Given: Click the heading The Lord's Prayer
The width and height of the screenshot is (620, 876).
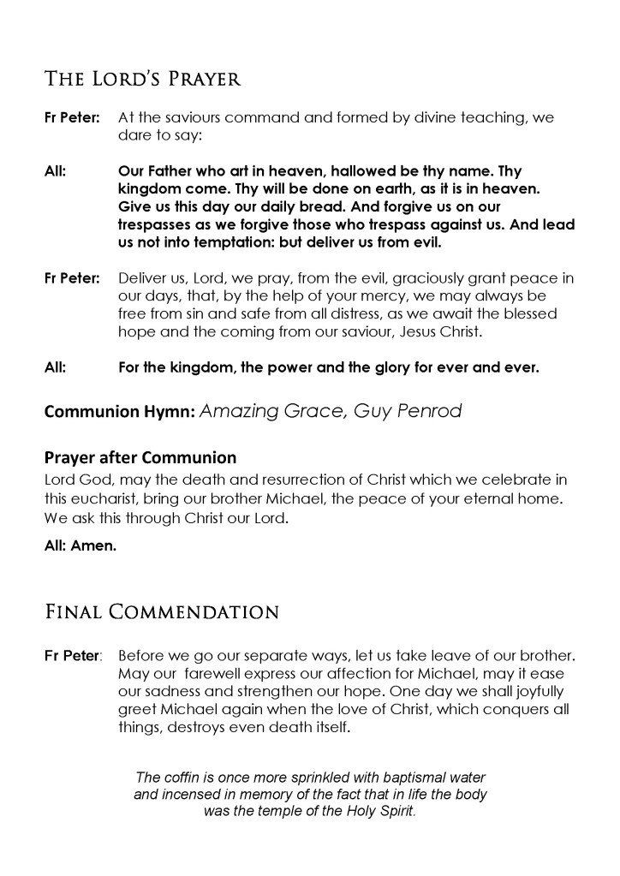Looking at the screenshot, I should pos(142,80).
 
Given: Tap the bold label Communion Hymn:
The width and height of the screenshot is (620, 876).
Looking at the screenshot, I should pos(119,411).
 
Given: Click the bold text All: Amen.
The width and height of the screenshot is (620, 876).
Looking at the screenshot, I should pos(79,545).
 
